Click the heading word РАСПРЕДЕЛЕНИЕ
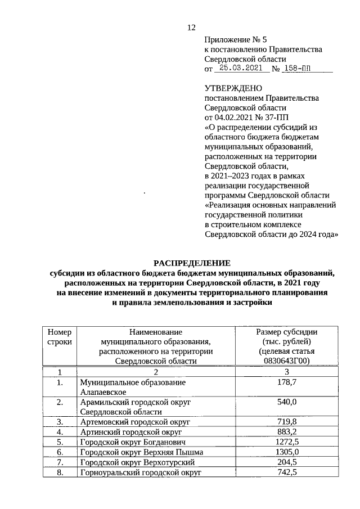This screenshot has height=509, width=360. pyautogui.click(x=192, y=263)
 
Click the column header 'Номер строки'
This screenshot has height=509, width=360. pyautogui.click(x=60, y=337)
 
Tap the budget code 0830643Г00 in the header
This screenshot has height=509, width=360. pyautogui.click(x=286, y=361)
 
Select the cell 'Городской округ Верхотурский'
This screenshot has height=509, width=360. pyautogui.click(x=137, y=462)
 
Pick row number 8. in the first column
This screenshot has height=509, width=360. pyautogui.click(x=60, y=472)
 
